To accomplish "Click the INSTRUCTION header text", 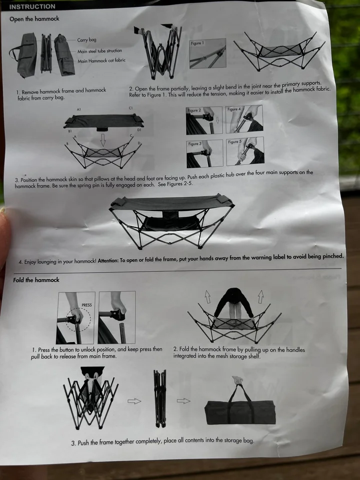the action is click(x=32, y=6).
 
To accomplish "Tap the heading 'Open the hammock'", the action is click(x=34, y=18).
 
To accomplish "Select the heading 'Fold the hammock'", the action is click(x=36, y=280).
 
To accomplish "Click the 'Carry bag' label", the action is click(x=86, y=40).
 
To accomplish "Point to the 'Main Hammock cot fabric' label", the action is click(x=101, y=60).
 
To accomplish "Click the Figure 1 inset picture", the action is click(x=207, y=53).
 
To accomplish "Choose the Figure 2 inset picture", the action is click(x=204, y=120).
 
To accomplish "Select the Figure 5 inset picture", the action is click(x=245, y=151).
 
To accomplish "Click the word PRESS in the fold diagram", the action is click(x=86, y=305).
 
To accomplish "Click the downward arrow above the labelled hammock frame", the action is click(x=103, y=139).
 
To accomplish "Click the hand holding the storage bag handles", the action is click(x=237, y=380).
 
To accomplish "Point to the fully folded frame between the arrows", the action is click(x=160, y=398).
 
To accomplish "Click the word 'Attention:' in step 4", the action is click(x=108, y=261).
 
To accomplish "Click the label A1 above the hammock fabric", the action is click(x=79, y=109).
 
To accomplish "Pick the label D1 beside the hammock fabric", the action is click(x=139, y=130).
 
